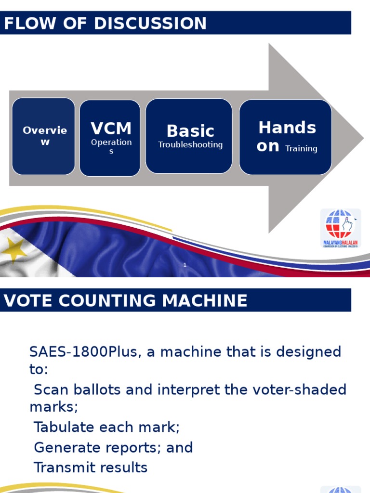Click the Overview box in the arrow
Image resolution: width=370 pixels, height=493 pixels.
(x=43, y=136)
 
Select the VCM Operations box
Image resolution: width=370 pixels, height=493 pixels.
(x=110, y=138)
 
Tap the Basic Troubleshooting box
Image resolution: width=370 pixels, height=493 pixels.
(x=189, y=136)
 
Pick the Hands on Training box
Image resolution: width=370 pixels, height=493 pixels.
(x=285, y=137)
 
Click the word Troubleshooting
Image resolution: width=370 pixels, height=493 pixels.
(x=190, y=144)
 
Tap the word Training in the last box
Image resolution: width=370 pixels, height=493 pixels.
(x=301, y=149)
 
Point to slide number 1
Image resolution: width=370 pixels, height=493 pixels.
(x=185, y=265)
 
